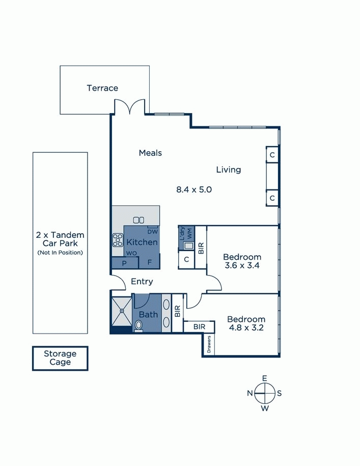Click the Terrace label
point(102,88)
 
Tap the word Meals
point(150,153)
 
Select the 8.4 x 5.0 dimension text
point(194,189)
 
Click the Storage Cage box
point(60,358)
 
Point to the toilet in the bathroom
point(139,326)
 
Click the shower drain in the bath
point(122,311)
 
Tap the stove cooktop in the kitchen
point(118,240)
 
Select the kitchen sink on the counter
point(139,220)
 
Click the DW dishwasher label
point(152,232)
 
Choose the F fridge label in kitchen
point(150,263)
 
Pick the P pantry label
point(124,263)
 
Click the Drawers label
point(209,344)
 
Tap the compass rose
point(265,394)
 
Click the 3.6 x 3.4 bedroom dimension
point(242,265)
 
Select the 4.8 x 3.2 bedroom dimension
point(246,328)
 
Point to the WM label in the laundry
point(190,232)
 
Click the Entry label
point(142,282)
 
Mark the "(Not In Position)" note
point(60,253)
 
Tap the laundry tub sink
point(188,246)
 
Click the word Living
point(229,170)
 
